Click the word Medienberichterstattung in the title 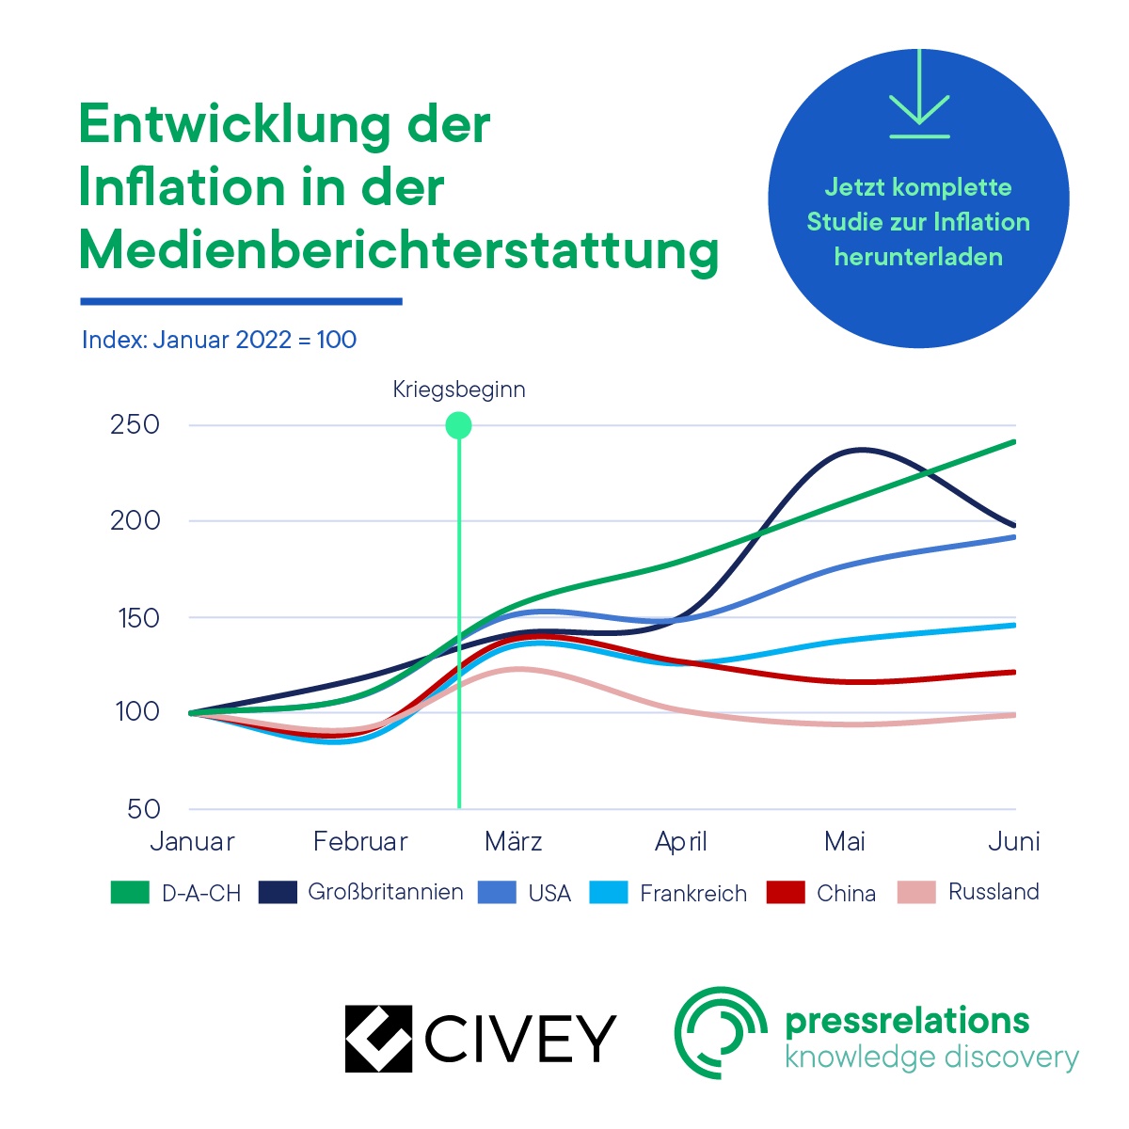399,250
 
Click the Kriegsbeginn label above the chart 459,390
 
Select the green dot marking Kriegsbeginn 458,425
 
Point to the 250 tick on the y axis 135,424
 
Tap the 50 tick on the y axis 143,809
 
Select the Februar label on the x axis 360,841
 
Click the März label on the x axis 514,841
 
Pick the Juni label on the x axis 1013,841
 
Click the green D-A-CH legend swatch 130,892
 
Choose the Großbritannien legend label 386,892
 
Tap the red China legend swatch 786,892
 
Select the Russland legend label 994,892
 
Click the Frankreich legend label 693,893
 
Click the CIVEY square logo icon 378,1039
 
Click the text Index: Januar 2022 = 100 219,340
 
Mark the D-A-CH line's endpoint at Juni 1014,441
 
